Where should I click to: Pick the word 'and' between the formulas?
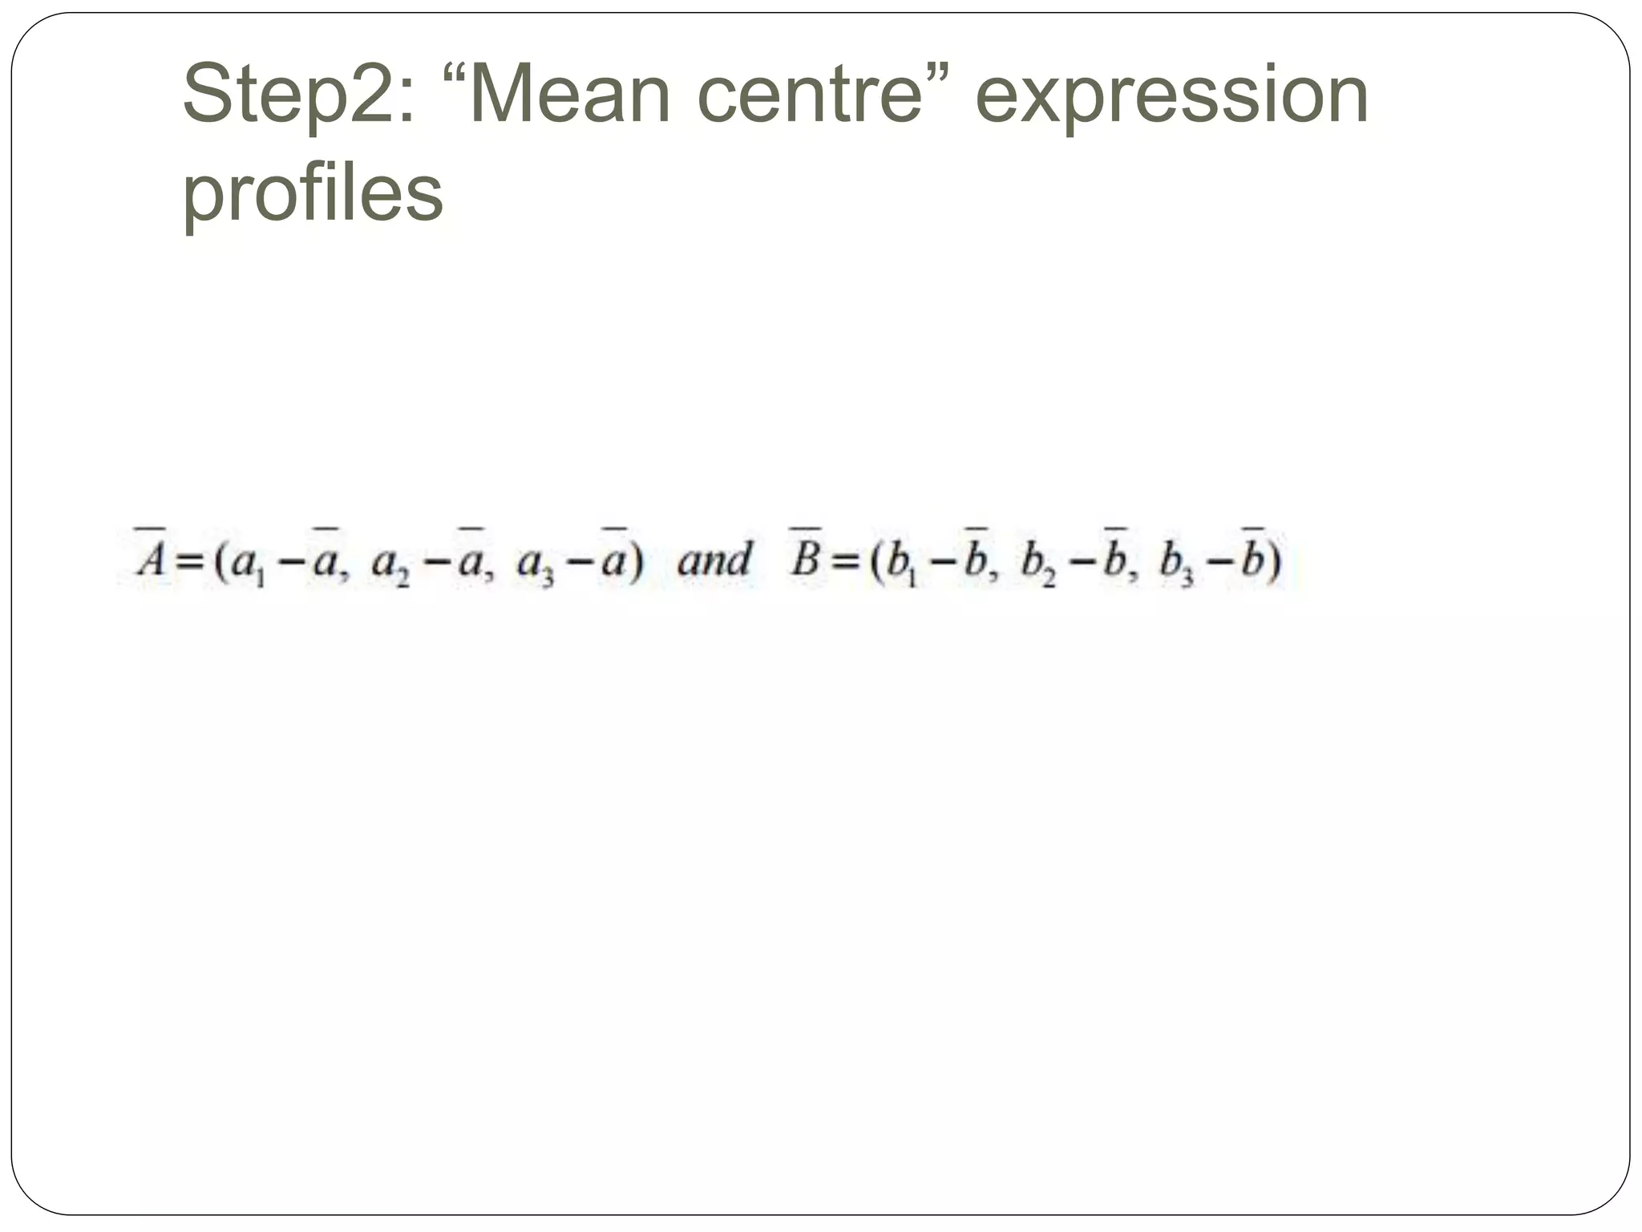tap(714, 559)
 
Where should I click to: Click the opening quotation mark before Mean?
tap(455, 77)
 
